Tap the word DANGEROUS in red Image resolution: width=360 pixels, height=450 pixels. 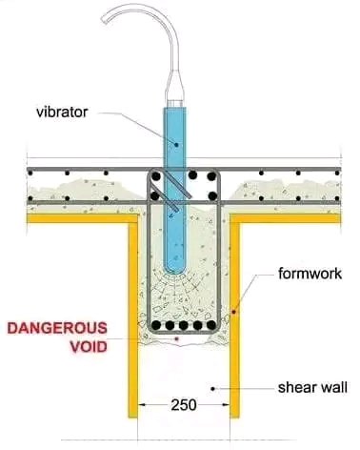(x=55, y=329)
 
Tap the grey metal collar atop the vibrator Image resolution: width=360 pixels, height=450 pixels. (x=176, y=96)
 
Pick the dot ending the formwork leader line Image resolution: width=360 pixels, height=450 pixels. (x=234, y=311)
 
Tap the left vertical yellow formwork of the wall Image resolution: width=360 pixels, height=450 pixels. (x=131, y=324)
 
